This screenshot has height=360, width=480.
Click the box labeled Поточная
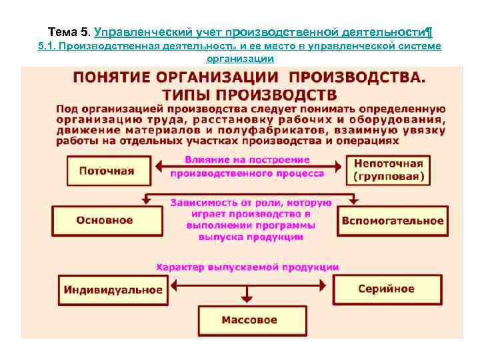[106, 171]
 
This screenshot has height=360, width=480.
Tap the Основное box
[106, 220]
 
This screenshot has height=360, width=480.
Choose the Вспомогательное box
[392, 221]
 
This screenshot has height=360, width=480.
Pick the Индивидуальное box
[113, 289]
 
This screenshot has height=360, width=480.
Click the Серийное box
[386, 289]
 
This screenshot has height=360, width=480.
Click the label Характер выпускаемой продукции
[247, 267]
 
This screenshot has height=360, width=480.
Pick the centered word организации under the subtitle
[241, 59]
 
